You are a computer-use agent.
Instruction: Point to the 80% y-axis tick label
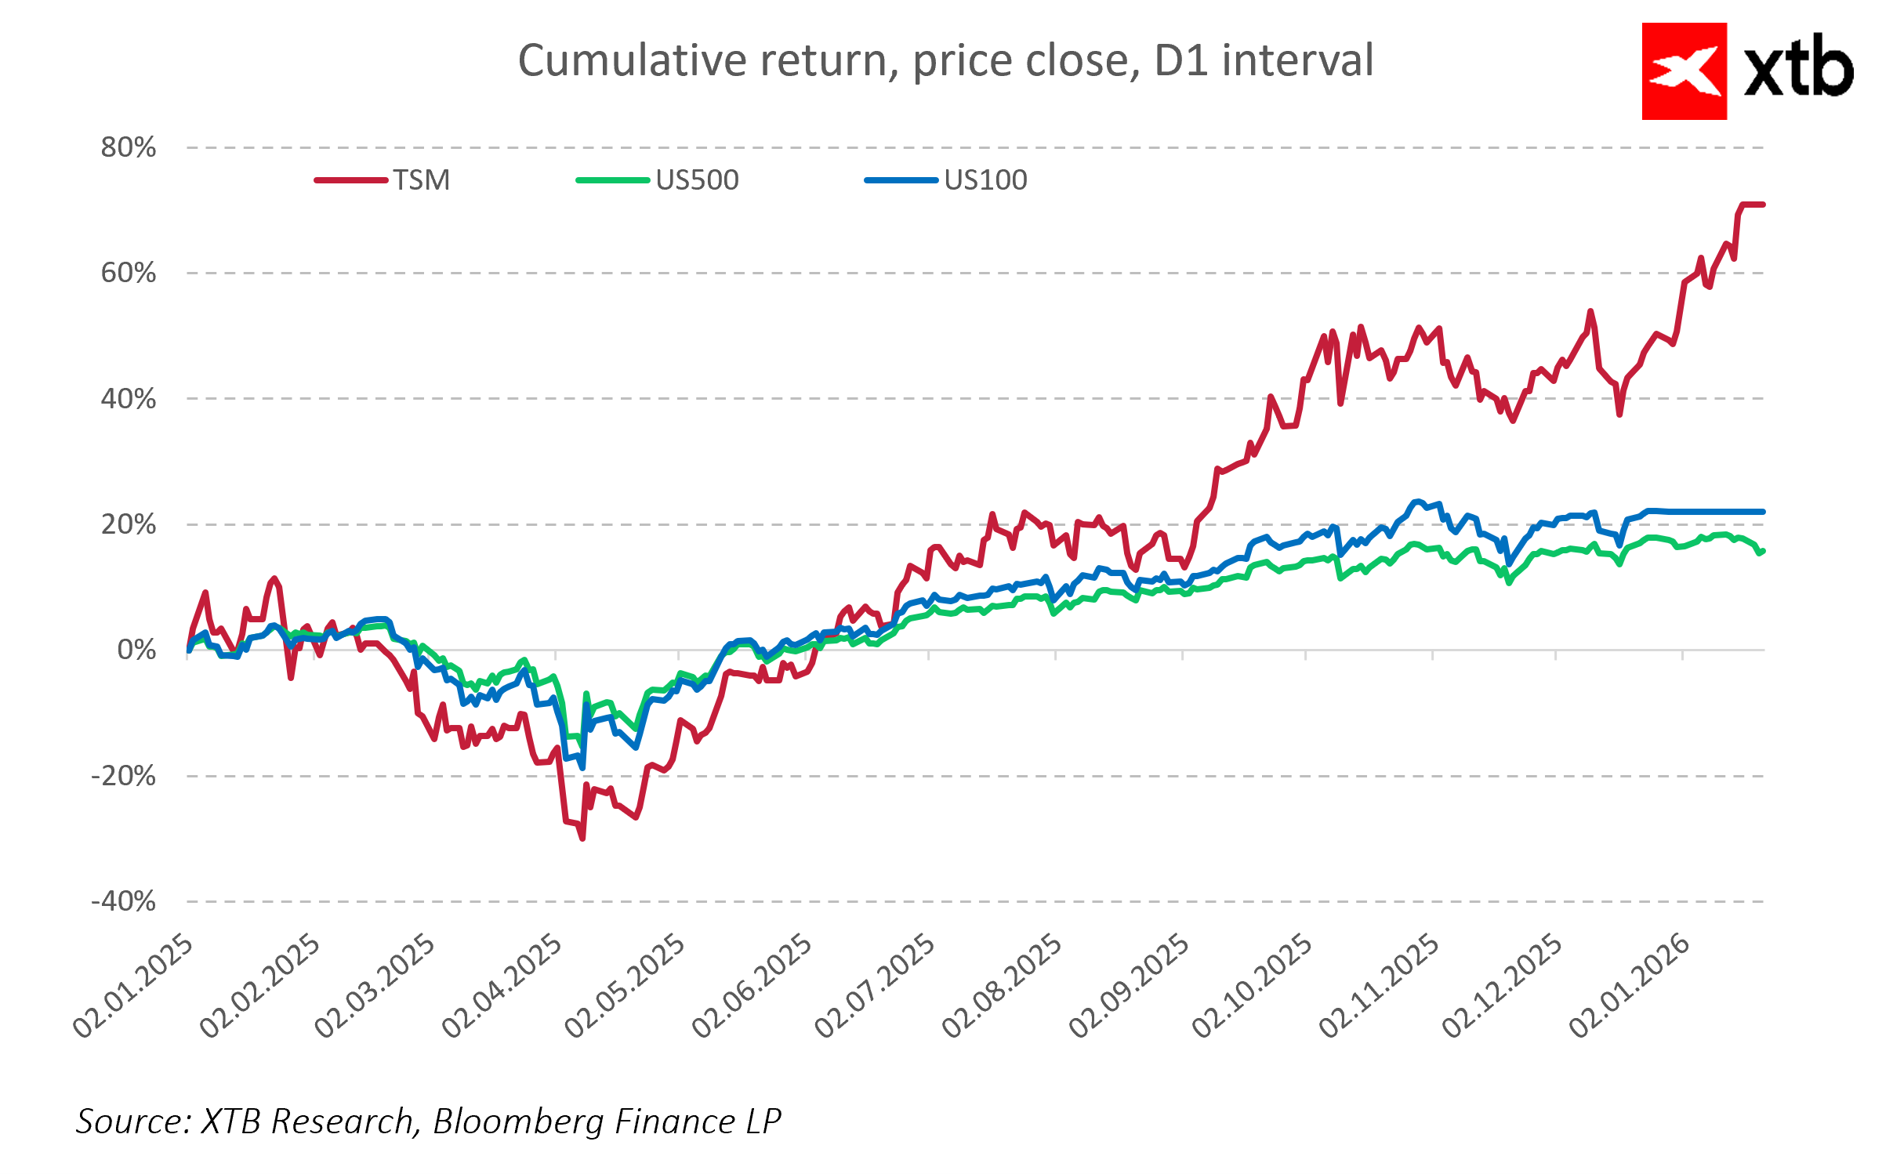pos(129,147)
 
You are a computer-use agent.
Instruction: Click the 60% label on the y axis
pos(129,273)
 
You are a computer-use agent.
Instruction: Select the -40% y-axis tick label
pos(124,901)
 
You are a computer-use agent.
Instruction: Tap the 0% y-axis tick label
pos(136,650)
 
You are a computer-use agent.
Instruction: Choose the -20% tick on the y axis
pos(124,776)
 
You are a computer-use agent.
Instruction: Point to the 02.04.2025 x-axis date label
pos(502,987)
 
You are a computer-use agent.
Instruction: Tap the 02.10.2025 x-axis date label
pos(1253,987)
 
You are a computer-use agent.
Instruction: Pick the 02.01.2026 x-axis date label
pos(1630,987)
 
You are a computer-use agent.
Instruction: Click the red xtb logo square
pos(1684,71)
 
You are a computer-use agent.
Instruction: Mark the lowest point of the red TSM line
pos(582,839)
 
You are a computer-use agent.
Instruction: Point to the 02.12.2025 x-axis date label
pos(1503,987)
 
